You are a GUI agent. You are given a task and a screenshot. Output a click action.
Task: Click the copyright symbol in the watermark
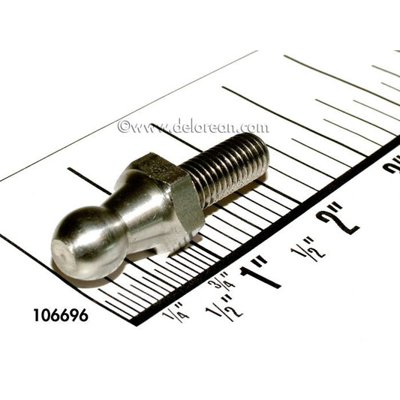coord(125,126)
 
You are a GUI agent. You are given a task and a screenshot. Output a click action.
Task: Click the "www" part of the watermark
coord(147,128)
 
